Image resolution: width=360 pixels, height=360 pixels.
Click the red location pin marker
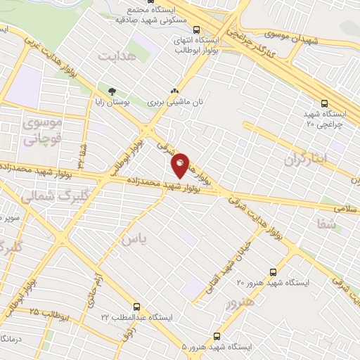click(181, 165)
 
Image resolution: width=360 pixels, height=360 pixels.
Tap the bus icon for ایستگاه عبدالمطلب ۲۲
click(136, 307)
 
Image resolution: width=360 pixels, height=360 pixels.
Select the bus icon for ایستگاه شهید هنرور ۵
click(217, 336)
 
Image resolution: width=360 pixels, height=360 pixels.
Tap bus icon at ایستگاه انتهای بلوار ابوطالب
click(196, 30)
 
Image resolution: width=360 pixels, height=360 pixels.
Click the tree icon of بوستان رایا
click(111, 91)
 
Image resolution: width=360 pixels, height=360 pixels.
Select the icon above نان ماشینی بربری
click(174, 91)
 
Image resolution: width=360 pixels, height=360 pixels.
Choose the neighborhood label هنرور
click(240, 304)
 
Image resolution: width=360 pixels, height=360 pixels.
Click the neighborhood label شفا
click(346, 224)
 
